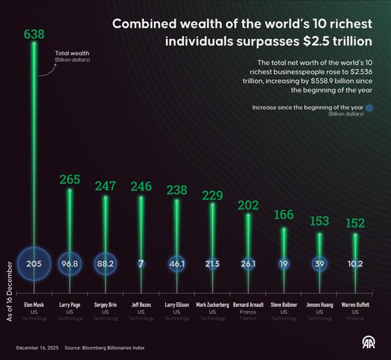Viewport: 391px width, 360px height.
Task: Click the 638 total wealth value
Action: (34, 34)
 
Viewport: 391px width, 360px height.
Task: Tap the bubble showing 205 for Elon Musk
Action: (34, 264)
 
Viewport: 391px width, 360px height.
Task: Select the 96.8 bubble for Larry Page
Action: (70, 264)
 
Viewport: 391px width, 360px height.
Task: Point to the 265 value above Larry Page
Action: (70, 180)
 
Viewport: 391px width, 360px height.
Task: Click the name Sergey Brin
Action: (105, 304)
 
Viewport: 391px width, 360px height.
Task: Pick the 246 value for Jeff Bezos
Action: (141, 186)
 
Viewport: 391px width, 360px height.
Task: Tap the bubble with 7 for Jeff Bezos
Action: (141, 264)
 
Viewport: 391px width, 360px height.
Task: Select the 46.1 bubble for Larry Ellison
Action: (177, 264)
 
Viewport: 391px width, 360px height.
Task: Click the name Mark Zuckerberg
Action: (212, 304)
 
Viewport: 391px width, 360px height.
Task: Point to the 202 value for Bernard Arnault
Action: (248, 204)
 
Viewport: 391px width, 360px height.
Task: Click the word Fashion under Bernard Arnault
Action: (248, 318)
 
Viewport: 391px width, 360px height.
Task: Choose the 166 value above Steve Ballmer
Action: (284, 215)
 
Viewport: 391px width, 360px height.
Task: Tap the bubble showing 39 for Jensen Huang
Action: (319, 264)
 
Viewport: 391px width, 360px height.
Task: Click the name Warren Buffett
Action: (355, 304)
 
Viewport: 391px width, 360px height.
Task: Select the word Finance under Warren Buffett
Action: (355, 318)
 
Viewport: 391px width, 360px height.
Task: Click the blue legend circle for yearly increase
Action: (369, 107)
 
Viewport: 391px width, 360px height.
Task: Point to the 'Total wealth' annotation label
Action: (71, 53)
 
